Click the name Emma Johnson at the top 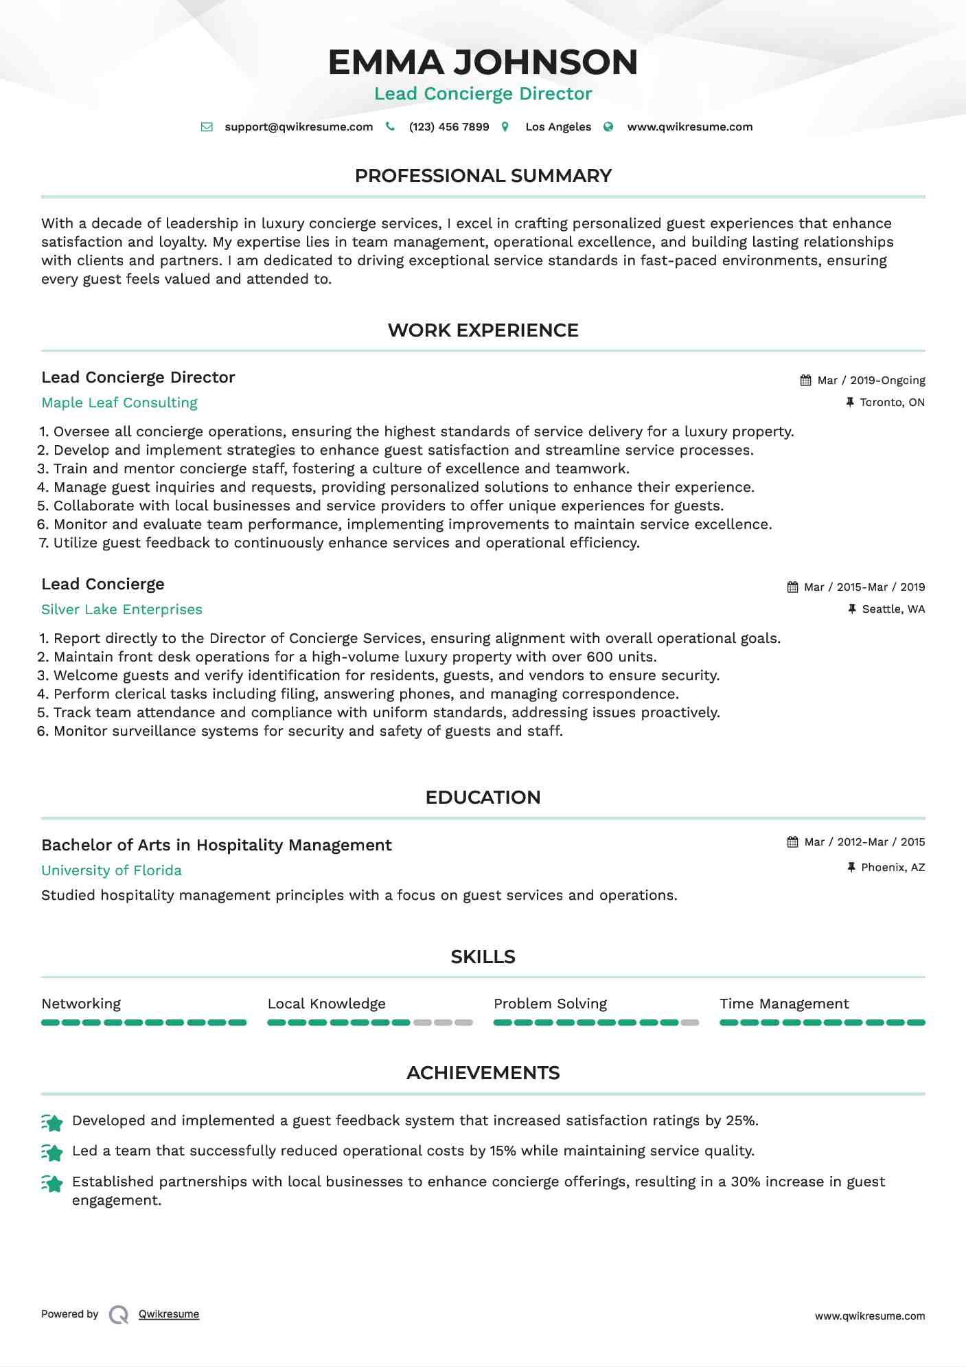pyautogui.click(x=483, y=63)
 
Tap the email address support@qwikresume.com pyautogui.click(x=299, y=127)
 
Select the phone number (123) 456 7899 pyautogui.click(x=449, y=127)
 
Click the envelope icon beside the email pyautogui.click(x=207, y=127)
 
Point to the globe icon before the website pyautogui.click(x=608, y=127)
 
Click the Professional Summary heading pyautogui.click(x=483, y=176)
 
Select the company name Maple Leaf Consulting pyautogui.click(x=119, y=403)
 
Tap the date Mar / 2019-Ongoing pyautogui.click(x=871, y=381)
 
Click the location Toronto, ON pyautogui.click(x=892, y=403)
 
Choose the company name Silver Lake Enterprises pyautogui.click(x=122, y=610)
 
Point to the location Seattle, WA pyautogui.click(x=893, y=609)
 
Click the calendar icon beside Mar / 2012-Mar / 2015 pyautogui.click(x=793, y=842)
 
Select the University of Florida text pyautogui.click(x=111, y=871)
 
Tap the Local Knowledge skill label pyautogui.click(x=326, y=1004)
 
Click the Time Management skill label pyautogui.click(x=784, y=1004)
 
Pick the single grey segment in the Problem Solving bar pyautogui.click(x=690, y=1023)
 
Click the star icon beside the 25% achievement pyautogui.click(x=52, y=1122)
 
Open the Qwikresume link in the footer pyautogui.click(x=169, y=1314)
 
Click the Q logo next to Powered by pyautogui.click(x=119, y=1315)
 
